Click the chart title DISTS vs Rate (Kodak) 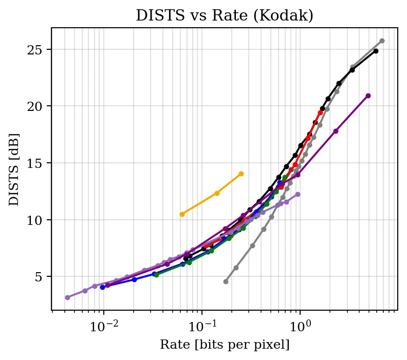(225, 15)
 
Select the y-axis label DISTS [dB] (14, 169)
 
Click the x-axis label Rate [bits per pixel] (225, 345)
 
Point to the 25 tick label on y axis (35, 49)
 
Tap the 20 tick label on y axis (35, 106)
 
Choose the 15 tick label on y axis (35, 163)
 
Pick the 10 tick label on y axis (35, 220)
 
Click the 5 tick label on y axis (39, 277)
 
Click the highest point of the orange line (241, 174)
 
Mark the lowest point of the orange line (182, 214)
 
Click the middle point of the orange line (217, 193)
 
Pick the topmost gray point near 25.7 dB (382, 41)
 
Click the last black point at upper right (376, 51)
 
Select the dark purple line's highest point (368, 96)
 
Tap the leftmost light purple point (67, 297)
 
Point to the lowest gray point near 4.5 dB (226, 281)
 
